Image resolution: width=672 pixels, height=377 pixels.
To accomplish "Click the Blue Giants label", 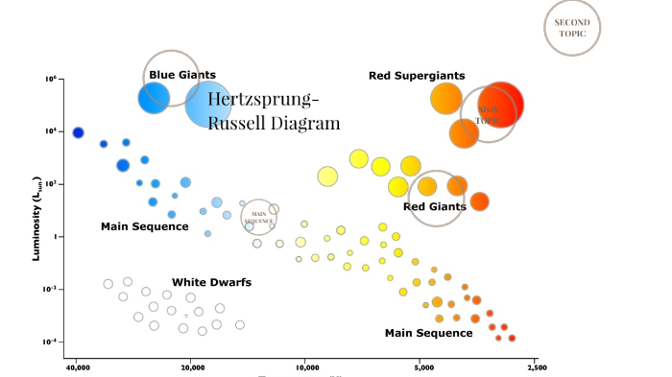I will click(x=182, y=75).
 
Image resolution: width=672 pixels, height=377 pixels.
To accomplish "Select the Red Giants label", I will click(x=435, y=206).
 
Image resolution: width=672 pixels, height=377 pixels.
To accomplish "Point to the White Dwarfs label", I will click(x=211, y=282).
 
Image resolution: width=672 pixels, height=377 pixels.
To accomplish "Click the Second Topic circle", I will click(x=572, y=27).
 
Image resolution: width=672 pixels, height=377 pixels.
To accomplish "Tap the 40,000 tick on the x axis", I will click(x=78, y=367).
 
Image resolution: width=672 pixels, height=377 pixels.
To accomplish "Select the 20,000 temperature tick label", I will click(x=192, y=367).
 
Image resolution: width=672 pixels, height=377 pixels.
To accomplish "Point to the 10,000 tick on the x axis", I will click(x=306, y=367).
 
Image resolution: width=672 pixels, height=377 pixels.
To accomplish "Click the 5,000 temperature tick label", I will click(x=422, y=367).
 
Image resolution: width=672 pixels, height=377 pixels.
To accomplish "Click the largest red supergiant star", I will click(x=500, y=102).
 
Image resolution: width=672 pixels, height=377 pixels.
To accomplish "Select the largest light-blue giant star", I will click(x=209, y=104).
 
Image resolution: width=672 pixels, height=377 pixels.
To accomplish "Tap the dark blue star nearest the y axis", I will click(x=78, y=132).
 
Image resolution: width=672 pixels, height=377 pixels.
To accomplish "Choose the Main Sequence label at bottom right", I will click(x=428, y=333).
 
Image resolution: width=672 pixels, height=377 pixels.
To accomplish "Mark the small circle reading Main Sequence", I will click(x=257, y=217).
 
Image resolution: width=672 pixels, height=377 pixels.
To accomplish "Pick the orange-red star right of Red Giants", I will click(x=479, y=200).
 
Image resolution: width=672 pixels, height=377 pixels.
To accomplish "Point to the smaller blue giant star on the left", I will click(x=154, y=97).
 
